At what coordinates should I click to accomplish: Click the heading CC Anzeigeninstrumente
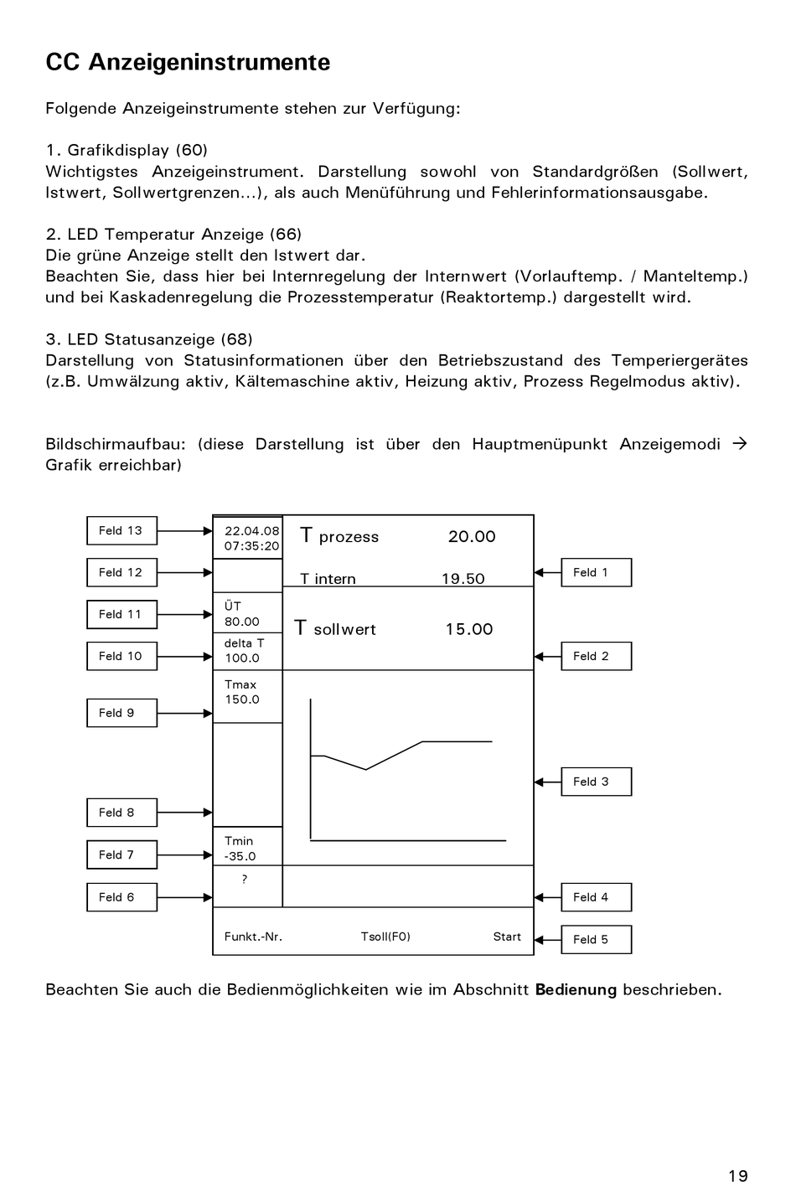(x=188, y=63)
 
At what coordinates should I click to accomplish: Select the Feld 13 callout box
(x=121, y=531)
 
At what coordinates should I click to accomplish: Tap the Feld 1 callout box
(x=596, y=573)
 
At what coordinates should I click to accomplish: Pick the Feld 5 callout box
(x=596, y=940)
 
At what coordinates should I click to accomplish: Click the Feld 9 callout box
(x=121, y=714)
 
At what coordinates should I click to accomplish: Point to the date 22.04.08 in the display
(x=251, y=531)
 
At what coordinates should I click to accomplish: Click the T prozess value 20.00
(x=472, y=537)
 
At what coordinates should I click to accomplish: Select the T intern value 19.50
(x=463, y=579)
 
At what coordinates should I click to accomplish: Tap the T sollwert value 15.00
(x=469, y=629)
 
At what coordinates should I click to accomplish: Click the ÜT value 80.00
(x=241, y=622)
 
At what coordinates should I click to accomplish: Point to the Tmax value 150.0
(x=241, y=699)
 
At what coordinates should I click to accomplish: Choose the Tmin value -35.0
(x=240, y=856)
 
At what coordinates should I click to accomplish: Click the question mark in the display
(x=245, y=879)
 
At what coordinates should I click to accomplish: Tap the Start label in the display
(x=507, y=937)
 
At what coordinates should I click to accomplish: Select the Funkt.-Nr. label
(x=253, y=937)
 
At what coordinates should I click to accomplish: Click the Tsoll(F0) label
(x=385, y=937)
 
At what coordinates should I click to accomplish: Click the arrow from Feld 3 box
(x=547, y=782)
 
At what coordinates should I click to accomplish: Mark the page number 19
(x=737, y=1176)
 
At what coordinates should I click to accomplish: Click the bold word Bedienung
(x=576, y=989)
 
